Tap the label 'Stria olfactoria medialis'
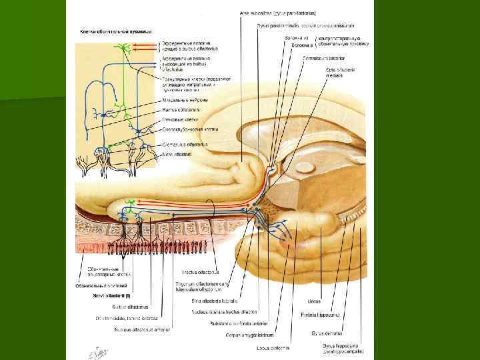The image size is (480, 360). point(340,73)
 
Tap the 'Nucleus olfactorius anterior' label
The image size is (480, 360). point(142,329)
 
